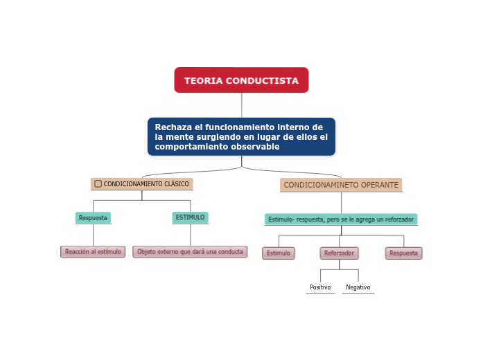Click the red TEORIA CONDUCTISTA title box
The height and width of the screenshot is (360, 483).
tap(241, 80)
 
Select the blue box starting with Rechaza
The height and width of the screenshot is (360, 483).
tap(241, 136)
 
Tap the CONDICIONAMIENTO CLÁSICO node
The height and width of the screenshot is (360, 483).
tap(142, 184)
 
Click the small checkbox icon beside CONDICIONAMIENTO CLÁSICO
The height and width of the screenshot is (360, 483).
tap(98, 184)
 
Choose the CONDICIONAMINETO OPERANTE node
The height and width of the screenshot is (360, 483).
tap(341, 185)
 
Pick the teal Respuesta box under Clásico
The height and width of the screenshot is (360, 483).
tap(93, 217)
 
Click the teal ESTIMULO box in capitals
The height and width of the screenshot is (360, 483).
tap(190, 217)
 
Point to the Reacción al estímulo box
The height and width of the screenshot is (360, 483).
tap(93, 252)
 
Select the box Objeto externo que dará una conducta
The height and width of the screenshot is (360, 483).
tap(190, 252)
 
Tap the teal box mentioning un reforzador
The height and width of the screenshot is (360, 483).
tap(341, 219)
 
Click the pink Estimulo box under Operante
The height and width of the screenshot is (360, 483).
tap(279, 253)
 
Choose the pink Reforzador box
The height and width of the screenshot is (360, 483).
tap(339, 253)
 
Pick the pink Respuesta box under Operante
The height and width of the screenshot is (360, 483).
tap(403, 253)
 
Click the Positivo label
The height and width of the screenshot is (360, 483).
tap(320, 287)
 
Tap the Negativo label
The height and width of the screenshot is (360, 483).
tap(358, 287)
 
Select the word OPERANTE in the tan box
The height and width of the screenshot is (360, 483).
tap(379, 185)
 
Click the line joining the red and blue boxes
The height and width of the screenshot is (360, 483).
tap(242, 105)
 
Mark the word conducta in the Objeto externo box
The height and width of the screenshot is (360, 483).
tap(231, 252)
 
